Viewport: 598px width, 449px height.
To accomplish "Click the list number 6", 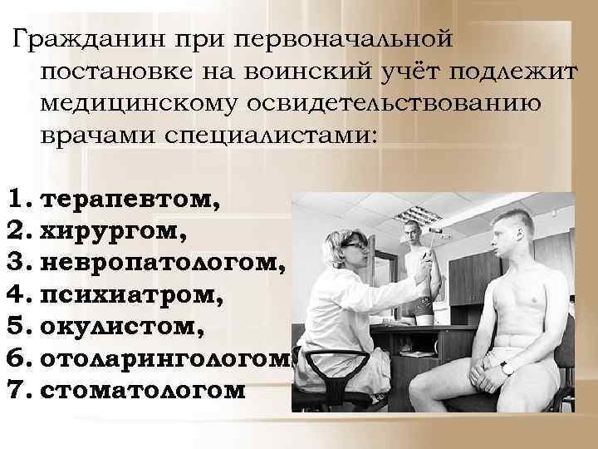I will (16, 358).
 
